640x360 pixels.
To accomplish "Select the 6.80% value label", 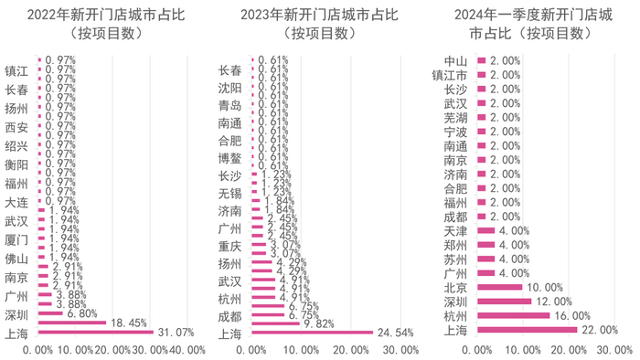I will click(x=82, y=313).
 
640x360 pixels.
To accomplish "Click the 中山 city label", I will click(x=454, y=61).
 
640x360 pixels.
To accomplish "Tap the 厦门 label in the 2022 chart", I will click(x=16, y=239).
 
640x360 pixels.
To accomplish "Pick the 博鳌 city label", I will click(x=230, y=159).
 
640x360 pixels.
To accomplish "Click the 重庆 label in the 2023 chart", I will click(x=230, y=247).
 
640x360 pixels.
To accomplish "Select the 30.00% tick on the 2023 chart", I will click(x=400, y=350).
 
